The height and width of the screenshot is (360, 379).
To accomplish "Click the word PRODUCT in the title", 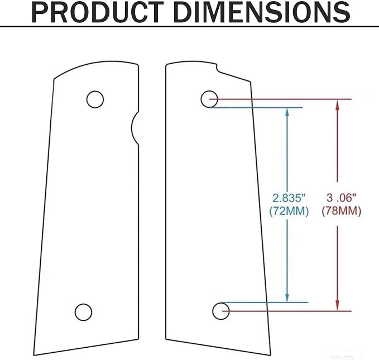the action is [x=98, y=12].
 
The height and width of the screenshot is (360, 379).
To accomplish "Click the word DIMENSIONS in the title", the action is [x=262, y=12].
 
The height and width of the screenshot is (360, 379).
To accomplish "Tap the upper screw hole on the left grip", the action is [x=95, y=99].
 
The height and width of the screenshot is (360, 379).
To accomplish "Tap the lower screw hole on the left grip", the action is [x=83, y=312].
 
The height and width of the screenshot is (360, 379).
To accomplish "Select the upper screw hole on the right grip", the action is [x=209, y=99].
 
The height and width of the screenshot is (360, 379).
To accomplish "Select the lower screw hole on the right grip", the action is [x=221, y=311].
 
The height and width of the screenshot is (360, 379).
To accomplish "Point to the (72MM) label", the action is [x=289, y=212].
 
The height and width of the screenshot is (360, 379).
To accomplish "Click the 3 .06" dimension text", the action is [x=341, y=198].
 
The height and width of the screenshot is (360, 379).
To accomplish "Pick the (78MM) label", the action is [x=341, y=211].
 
